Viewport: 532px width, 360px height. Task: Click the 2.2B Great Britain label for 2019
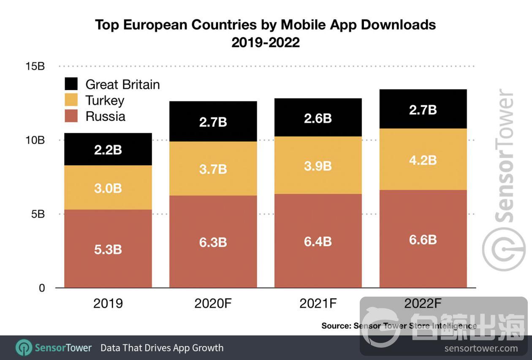point(108,150)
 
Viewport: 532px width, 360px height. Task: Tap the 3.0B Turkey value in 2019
point(108,188)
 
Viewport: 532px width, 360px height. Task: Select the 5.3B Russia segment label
point(108,249)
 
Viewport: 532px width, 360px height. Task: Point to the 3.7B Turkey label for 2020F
point(213,169)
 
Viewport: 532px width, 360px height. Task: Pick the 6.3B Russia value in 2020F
point(213,242)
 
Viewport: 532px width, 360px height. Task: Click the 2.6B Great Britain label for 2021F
point(318,118)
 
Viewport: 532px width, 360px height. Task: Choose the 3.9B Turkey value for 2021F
point(318,166)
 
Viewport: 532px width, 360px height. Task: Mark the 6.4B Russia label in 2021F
point(318,242)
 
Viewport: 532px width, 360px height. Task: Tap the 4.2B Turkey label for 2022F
point(423,161)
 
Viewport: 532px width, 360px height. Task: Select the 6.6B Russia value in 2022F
point(423,240)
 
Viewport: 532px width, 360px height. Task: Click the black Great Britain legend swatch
point(71,84)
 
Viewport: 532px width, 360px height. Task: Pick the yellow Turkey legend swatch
point(71,100)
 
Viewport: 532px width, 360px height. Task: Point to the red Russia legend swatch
point(71,116)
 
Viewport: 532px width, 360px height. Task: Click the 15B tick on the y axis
point(35,67)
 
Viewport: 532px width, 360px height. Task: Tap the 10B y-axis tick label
point(35,140)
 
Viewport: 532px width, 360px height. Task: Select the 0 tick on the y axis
point(41,288)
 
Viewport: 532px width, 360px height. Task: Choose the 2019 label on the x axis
point(108,303)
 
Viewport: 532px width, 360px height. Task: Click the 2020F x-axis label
point(213,303)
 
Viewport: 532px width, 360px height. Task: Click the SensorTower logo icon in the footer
point(24,348)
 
